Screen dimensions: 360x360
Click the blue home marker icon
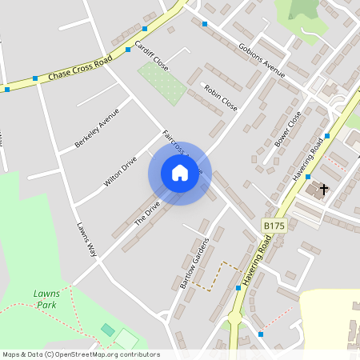pos(179,172)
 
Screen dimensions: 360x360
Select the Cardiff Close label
pos(151,55)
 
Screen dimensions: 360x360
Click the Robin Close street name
pos(220,98)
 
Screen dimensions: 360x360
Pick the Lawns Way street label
pos(86,239)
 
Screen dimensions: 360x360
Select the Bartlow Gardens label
pos(194,263)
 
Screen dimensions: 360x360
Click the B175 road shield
pos(274,227)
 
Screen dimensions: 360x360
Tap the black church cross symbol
pos(324,190)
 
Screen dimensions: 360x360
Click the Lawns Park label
pos(46,299)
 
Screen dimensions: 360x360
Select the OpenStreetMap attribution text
pos(81,354)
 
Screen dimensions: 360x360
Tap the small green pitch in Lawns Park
pos(108,330)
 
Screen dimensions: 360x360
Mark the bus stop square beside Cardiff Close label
pos(128,49)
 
